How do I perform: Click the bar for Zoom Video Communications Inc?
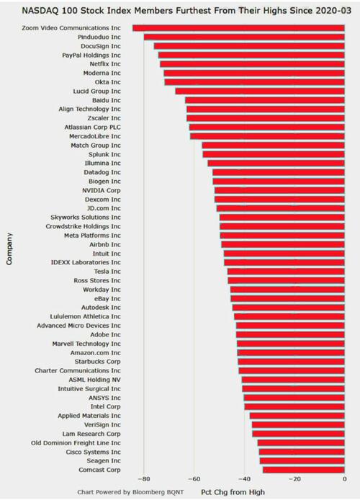[x=238, y=28]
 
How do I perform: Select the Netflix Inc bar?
[x=252, y=64]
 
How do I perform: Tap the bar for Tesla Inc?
[x=286, y=272]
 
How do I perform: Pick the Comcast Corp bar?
[x=304, y=470]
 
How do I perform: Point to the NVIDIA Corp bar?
[x=279, y=190]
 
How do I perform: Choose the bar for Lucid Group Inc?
[x=260, y=91]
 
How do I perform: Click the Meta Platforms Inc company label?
[x=92, y=236]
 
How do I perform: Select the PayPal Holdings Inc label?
[x=91, y=55]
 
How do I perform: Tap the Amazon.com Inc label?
[x=96, y=353]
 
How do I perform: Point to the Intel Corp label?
[x=105, y=406]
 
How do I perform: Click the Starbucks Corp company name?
[x=97, y=362]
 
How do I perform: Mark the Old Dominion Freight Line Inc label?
[x=76, y=443]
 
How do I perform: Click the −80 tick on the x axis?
[x=144, y=479]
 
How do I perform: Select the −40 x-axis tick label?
[x=244, y=479]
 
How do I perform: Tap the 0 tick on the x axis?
[x=345, y=479]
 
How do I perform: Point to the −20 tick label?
[x=294, y=479]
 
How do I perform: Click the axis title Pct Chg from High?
[x=233, y=492]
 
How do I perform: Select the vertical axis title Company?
[x=9, y=249]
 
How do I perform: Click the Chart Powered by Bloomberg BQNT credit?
[x=130, y=492]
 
